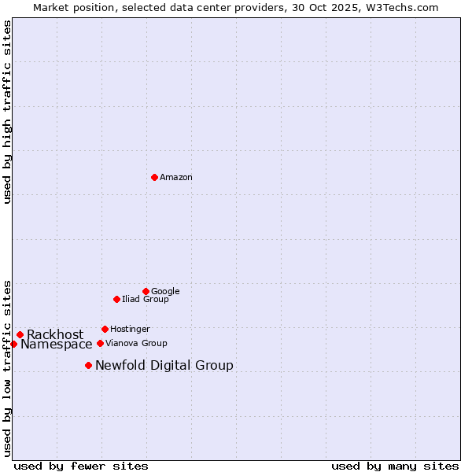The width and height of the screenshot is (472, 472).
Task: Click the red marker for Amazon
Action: (x=154, y=177)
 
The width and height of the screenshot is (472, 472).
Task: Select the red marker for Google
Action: (x=146, y=291)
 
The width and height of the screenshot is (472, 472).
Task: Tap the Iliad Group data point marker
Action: (x=116, y=299)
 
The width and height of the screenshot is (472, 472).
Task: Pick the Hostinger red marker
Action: (x=105, y=329)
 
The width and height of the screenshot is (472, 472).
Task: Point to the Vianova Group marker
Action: (x=100, y=343)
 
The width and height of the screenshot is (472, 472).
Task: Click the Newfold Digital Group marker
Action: (x=88, y=365)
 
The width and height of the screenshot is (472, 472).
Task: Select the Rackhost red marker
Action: (x=20, y=334)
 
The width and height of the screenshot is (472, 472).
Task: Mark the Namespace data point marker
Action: (x=13, y=344)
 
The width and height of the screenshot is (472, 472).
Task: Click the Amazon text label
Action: (x=176, y=178)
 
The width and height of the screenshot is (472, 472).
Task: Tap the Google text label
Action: (x=165, y=292)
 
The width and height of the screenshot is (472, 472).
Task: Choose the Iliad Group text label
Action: (x=146, y=300)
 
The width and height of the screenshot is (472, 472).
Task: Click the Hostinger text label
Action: (x=130, y=330)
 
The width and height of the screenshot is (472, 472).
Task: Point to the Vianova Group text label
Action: (x=136, y=344)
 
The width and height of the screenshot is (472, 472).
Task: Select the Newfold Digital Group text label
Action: (x=164, y=366)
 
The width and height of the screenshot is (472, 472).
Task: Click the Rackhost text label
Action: (x=55, y=335)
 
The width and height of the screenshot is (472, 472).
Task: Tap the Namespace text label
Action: (x=57, y=345)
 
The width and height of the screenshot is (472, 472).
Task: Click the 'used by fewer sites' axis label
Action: (x=81, y=466)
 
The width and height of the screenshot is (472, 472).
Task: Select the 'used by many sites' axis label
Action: (x=395, y=466)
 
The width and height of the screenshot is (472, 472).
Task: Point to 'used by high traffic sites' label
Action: (x=7, y=112)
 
